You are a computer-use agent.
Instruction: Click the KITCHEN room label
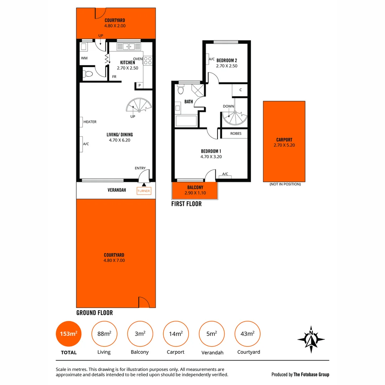pyautogui.click(x=127, y=63)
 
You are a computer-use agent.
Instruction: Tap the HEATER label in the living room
pyautogui.click(x=90, y=122)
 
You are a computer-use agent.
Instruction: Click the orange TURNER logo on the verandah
pyautogui.click(x=144, y=191)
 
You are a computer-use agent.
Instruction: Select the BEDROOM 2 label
pyautogui.click(x=227, y=61)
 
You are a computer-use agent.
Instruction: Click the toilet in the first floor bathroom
pyautogui.click(x=181, y=89)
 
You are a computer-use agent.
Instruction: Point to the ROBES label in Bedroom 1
pyautogui.click(x=236, y=134)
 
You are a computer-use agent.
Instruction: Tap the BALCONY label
pyautogui.click(x=195, y=188)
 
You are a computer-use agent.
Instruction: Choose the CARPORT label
pyautogui.click(x=284, y=140)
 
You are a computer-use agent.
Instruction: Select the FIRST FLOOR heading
pyautogui.click(x=186, y=204)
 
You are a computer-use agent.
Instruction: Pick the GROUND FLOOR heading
pyautogui.click(x=94, y=313)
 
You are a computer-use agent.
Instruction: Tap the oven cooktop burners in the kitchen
pyautogui.click(x=148, y=61)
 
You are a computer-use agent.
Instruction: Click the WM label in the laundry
pyautogui.click(x=84, y=58)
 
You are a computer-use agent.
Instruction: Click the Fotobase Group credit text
pyautogui.click(x=300, y=374)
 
